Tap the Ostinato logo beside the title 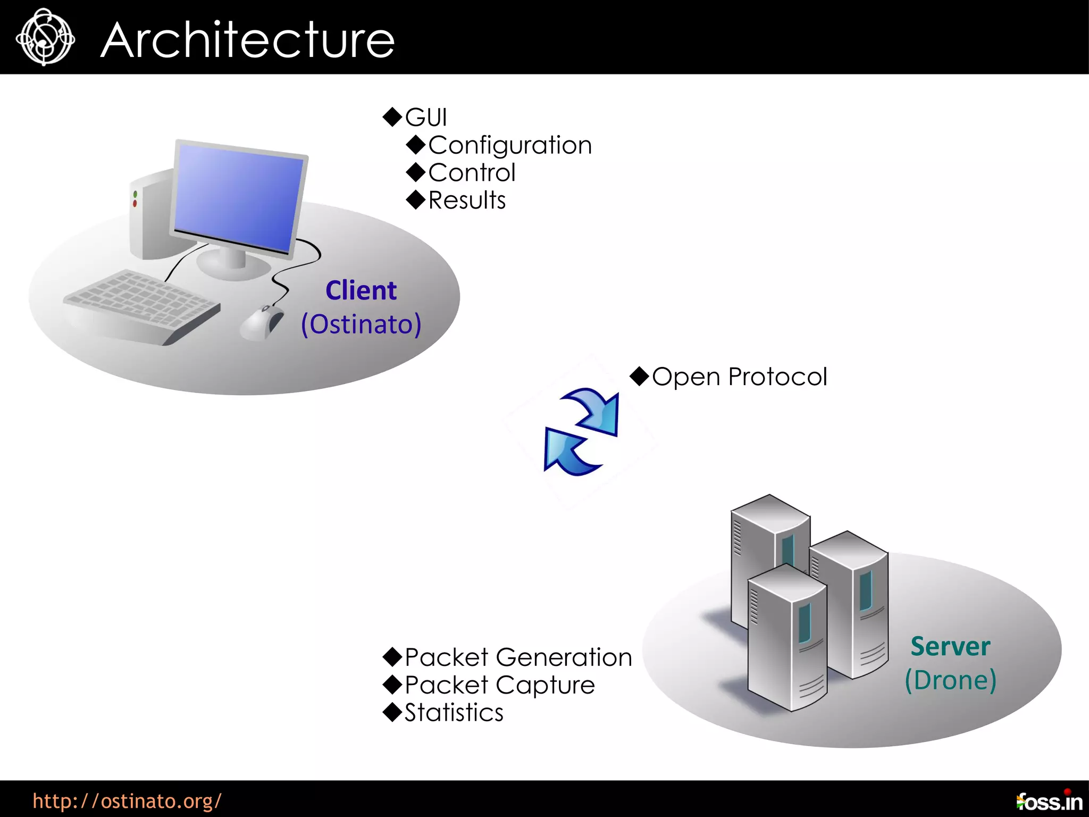pyautogui.click(x=45, y=37)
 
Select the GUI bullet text pyautogui.click(x=425, y=118)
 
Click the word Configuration pyautogui.click(x=509, y=145)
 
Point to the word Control pyautogui.click(x=472, y=173)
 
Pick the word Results pyautogui.click(x=467, y=201)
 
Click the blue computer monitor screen pyautogui.click(x=238, y=197)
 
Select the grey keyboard pyautogui.click(x=141, y=306)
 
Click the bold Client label pyautogui.click(x=361, y=290)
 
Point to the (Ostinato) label pyautogui.click(x=361, y=324)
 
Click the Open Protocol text pyautogui.click(x=739, y=377)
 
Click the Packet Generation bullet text pyautogui.click(x=518, y=657)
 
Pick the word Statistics pyautogui.click(x=454, y=713)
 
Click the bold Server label pyautogui.click(x=950, y=646)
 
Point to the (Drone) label pyautogui.click(x=950, y=680)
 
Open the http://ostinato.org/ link pyautogui.click(x=127, y=801)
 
